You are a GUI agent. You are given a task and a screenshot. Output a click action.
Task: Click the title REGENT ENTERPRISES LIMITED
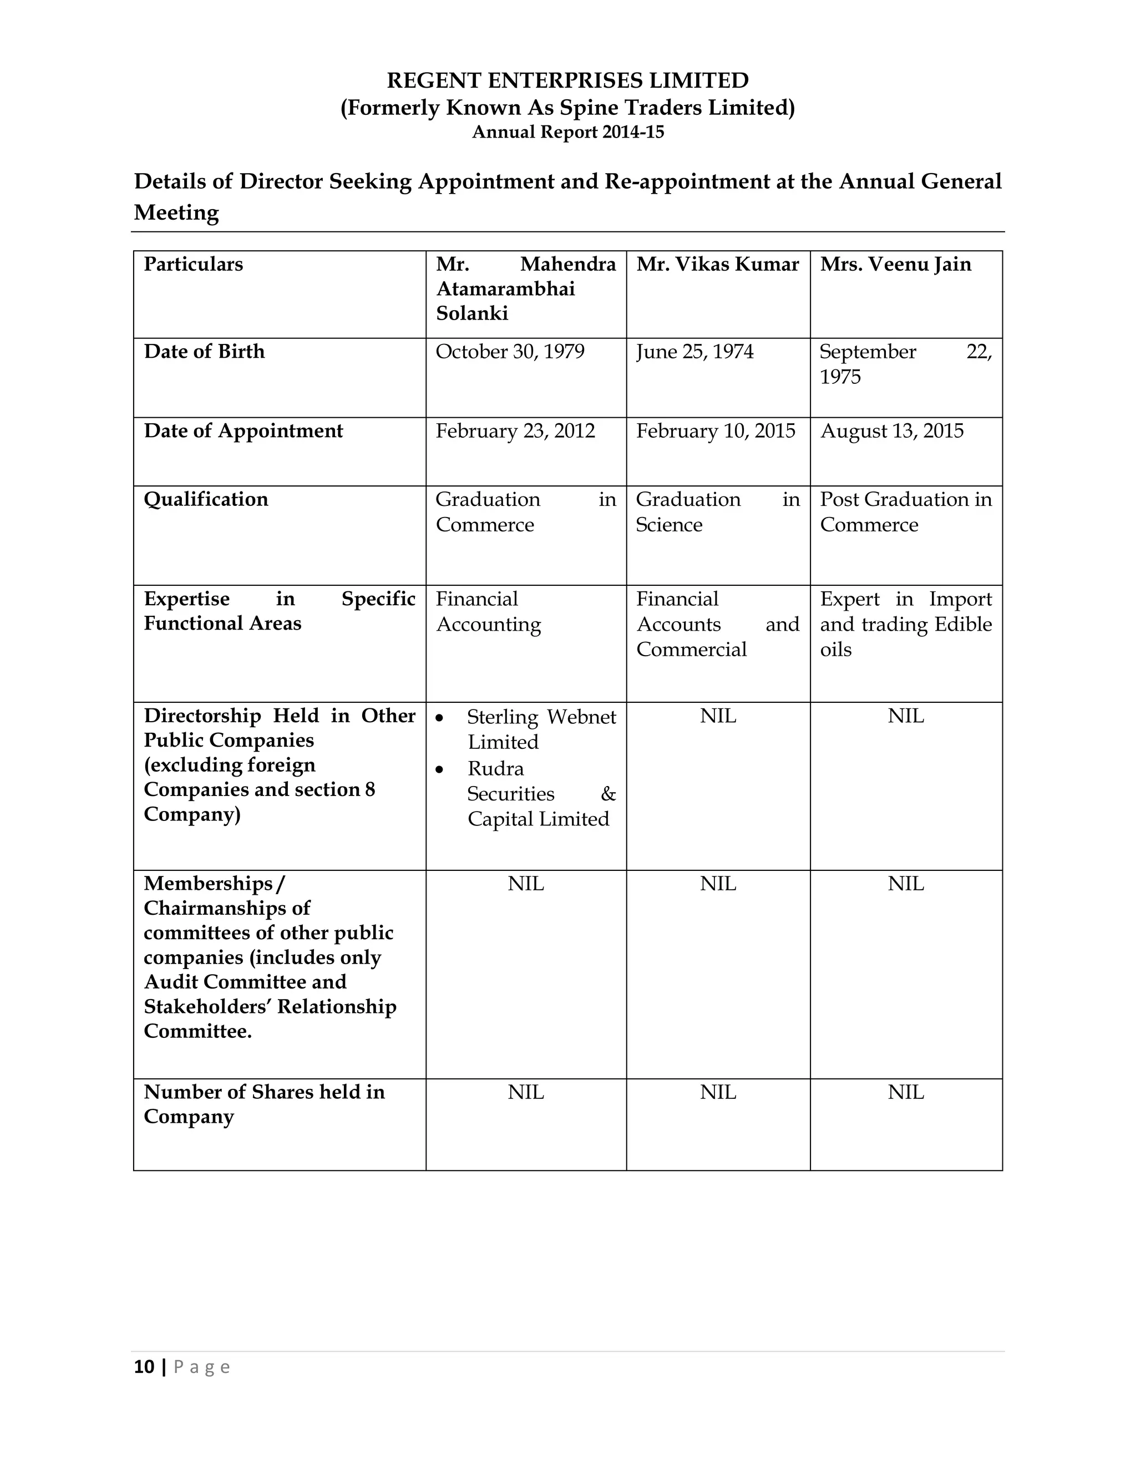tap(567, 81)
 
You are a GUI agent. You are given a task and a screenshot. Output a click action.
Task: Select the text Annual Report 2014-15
tap(567, 132)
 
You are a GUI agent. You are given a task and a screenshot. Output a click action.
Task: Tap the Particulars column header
tap(193, 264)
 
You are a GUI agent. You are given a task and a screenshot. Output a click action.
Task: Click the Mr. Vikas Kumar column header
tap(717, 264)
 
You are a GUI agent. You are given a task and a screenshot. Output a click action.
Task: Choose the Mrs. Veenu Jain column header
tap(895, 264)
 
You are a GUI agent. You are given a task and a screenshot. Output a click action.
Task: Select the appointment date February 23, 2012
tap(515, 431)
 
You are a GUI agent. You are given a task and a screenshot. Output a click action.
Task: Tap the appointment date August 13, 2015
tap(892, 431)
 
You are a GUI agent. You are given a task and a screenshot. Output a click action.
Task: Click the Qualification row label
tap(206, 499)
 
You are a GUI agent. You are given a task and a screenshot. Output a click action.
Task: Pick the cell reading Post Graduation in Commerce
tap(905, 511)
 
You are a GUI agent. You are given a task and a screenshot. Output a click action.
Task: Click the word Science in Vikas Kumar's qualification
tap(669, 525)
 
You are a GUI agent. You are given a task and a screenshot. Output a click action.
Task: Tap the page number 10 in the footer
tap(144, 1367)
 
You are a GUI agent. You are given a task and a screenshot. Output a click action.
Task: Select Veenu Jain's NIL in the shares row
tap(905, 1092)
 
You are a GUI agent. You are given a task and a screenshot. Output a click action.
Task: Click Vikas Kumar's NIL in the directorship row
tap(717, 716)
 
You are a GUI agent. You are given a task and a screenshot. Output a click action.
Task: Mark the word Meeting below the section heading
tap(176, 212)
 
